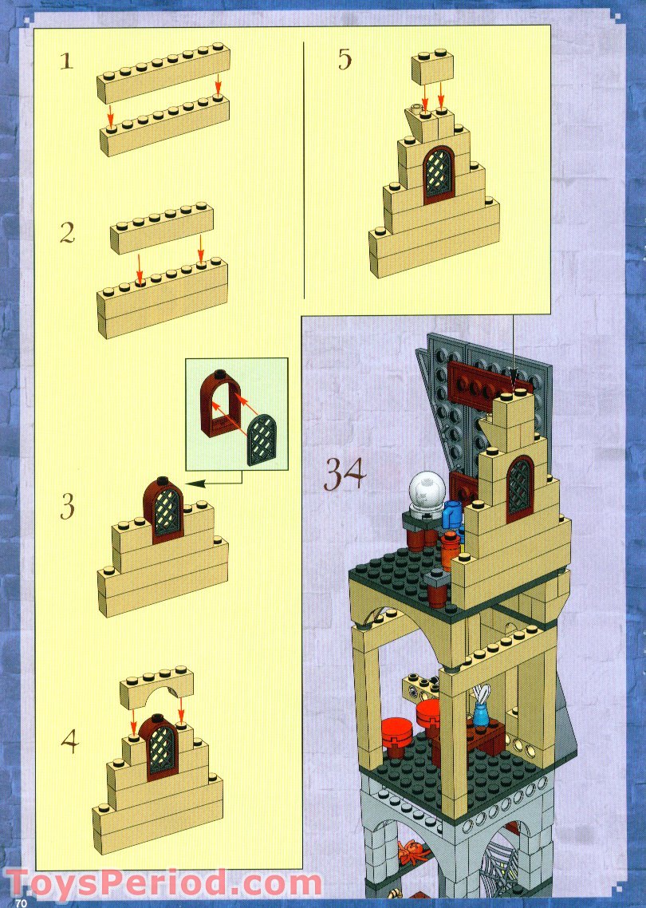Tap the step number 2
click(x=68, y=233)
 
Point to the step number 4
click(x=71, y=741)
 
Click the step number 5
click(x=345, y=60)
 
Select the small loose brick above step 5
click(x=432, y=69)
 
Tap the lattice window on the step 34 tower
click(x=519, y=486)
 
